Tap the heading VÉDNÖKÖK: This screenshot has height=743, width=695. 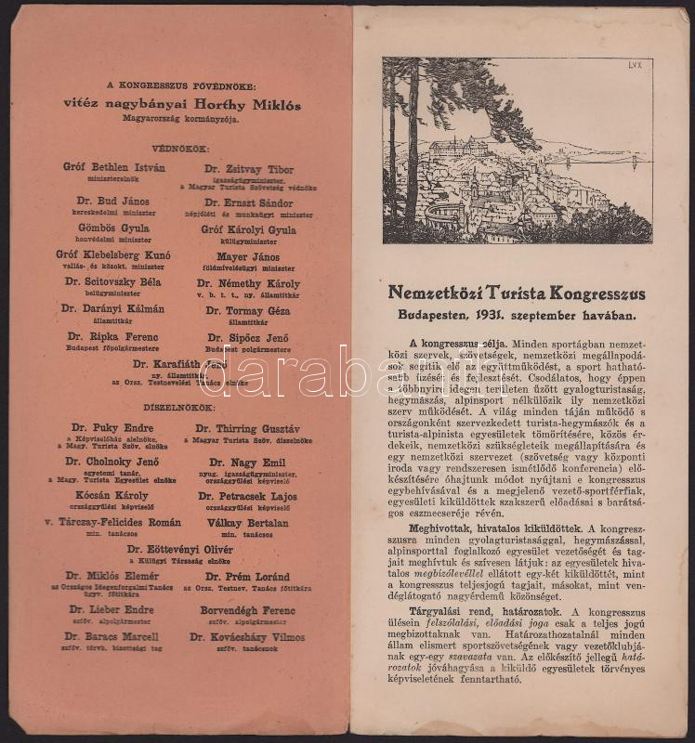(x=182, y=148)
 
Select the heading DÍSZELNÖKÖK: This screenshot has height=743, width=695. (x=182, y=406)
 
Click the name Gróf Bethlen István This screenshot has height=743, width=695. (x=114, y=168)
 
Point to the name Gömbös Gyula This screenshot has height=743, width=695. (x=113, y=228)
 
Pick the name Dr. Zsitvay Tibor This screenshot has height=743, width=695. (x=249, y=170)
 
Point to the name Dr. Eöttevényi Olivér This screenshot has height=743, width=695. (x=181, y=549)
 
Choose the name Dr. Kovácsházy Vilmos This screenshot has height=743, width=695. (x=246, y=637)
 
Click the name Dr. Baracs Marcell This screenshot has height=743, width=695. (x=111, y=637)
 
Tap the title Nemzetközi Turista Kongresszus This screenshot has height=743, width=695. (x=517, y=293)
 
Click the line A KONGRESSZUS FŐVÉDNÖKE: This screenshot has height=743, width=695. (x=182, y=85)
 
